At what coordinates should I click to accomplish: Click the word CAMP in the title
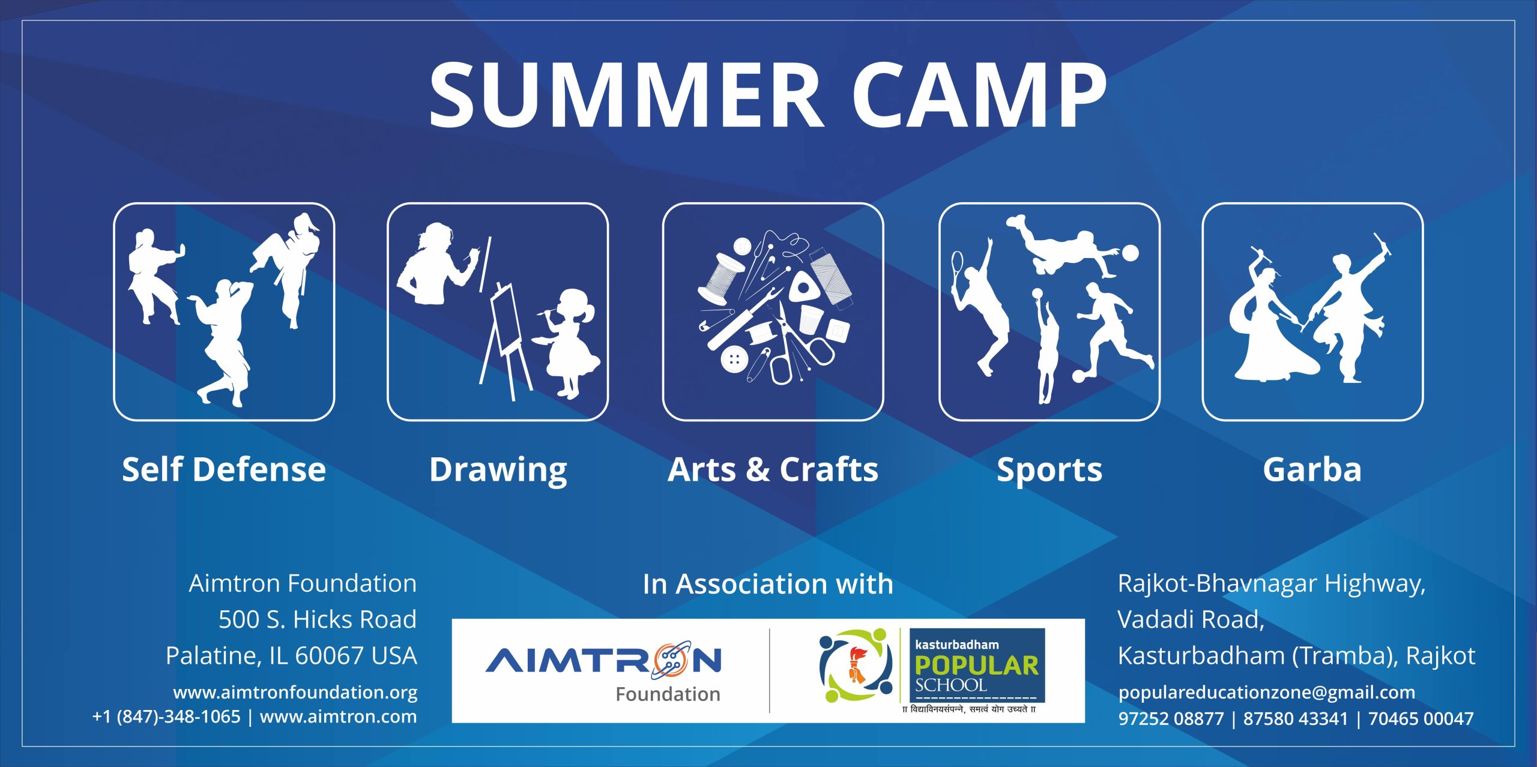(979, 95)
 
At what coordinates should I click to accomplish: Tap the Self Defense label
(224, 469)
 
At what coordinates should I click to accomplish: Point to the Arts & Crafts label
(773, 469)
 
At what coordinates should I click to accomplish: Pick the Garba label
(1312, 469)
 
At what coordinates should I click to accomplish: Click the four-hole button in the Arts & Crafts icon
(734, 359)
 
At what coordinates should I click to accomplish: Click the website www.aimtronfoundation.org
(295, 693)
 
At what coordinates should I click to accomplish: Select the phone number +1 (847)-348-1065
(166, 717)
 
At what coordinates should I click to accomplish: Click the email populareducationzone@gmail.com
(1267, 693)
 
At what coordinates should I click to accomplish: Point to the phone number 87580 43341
(1296, 718)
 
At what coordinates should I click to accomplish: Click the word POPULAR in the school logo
(977, 666)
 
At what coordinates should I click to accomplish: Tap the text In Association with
(768, 584)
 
